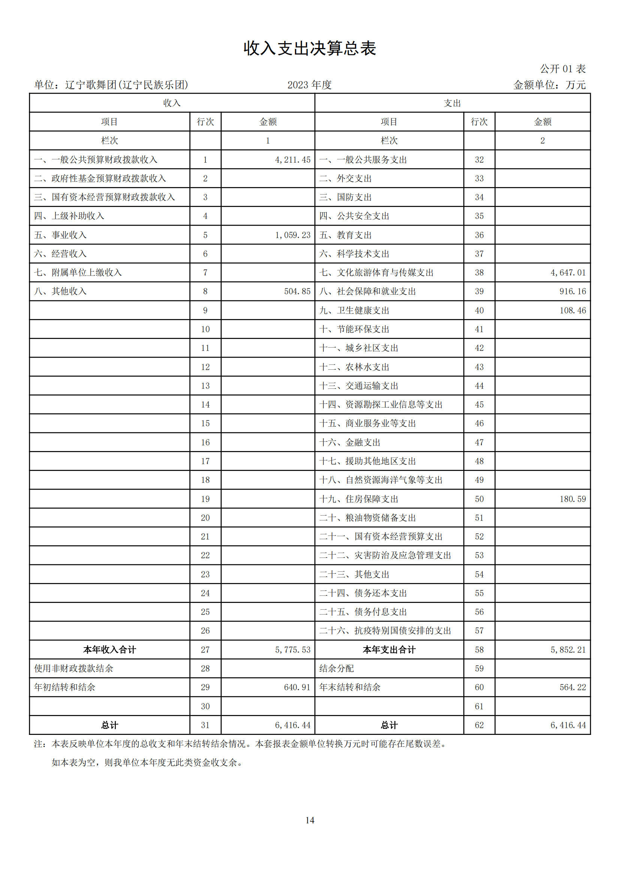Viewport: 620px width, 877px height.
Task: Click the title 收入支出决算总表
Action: pyautogui.click(x=310, y=48)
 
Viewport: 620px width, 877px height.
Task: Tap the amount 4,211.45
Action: pyautogui.click(x=292, y=160)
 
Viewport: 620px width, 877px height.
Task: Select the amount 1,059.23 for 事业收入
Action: pyautogui.click(x=292, y=235)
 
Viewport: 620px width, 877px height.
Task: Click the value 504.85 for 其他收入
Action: pyautogui.click(x=297, y=291)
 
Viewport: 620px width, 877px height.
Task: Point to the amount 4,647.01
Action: pyautogui.click(x=568, y=273)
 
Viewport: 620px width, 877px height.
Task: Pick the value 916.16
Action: pyautogui.click(x=572, y=291)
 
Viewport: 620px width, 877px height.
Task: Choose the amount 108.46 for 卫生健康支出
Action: pyautogui.click(x=572, y=310)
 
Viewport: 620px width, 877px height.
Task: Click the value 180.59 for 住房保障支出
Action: pyautogui.click(x=572, y=499)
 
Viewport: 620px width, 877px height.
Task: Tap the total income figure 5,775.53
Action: pyautogui.click(x=292, y=650)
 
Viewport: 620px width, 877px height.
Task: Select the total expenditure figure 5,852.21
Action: pyautogui.click(x=568, y=650)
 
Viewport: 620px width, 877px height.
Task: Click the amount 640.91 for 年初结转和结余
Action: pyautogui.click(x=297, y=687)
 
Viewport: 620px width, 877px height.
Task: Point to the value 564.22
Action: pyautogui.click(x=572, y=687)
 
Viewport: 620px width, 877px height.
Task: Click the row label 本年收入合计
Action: pyautogui.click(x=109, y=650)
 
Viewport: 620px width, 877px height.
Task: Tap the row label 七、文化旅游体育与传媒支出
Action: pyautogui.click(x=376, y=273)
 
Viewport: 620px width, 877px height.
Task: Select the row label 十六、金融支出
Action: pyautogui.click(x=350, y=442)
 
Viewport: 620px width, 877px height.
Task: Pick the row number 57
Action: pyautogui.click(x=479, y=631)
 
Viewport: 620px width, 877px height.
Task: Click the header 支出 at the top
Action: pyautogui.click(x=452, y=103)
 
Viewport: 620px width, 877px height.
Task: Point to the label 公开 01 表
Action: pyautogui.click(x=562, y=69)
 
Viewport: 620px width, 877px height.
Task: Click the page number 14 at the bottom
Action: pyautogui.click(x=310, y=820)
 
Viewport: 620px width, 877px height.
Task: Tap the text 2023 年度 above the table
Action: pyautogui.click(x=309, y=85)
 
